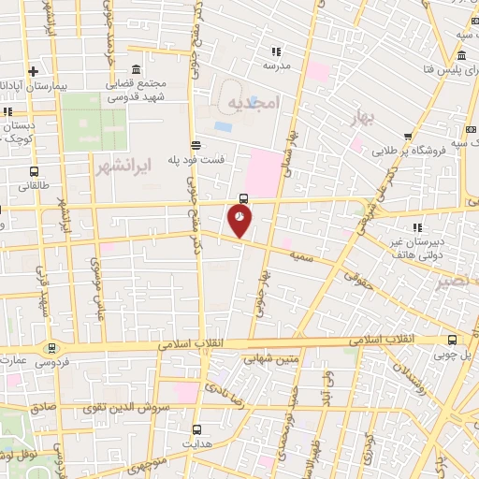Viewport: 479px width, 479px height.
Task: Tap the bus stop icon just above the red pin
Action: click(x=243, y=197)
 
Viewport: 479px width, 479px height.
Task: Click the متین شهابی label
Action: click(x=269, y=356)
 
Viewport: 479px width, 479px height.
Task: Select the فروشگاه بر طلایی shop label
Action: click(x=409, y=151)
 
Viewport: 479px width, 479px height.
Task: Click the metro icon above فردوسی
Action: click(x=49, y=346)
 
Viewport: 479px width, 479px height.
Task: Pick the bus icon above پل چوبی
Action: click(x=452, y=341)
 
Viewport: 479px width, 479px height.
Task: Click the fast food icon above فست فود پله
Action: click(x=196, y=145)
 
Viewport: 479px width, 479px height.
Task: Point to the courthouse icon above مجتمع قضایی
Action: click(x=137, y=70)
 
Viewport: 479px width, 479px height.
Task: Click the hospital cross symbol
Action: click(x=33, y=70)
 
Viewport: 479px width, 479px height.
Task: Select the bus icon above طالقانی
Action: click(x=34, y=173)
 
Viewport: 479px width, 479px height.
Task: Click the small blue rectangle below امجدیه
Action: click(x=223, y=125)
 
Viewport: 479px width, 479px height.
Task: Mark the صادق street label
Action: click(x=42, y=408)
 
